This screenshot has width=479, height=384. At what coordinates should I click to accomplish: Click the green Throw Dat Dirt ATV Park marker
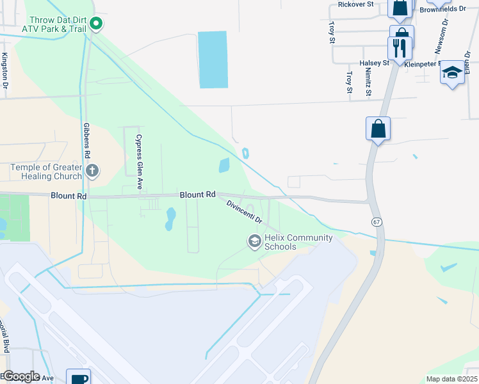96,24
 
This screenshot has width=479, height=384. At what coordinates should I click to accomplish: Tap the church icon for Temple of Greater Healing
93,171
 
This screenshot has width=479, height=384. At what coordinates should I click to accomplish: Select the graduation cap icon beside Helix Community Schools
254,241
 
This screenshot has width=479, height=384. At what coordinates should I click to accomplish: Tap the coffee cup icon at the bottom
78,378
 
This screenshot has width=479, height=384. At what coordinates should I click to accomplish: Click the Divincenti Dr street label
245,211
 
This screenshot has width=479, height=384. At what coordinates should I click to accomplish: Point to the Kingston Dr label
5,71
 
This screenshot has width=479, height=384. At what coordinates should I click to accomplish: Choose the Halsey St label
375,63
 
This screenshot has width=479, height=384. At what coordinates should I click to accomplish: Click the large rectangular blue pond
213,60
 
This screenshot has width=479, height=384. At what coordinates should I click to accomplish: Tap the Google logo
20,376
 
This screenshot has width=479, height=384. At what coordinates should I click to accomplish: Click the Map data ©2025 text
451,379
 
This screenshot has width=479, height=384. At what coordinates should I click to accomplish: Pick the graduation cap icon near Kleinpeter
452,72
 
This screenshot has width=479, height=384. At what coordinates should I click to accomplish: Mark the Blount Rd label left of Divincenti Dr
197,195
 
